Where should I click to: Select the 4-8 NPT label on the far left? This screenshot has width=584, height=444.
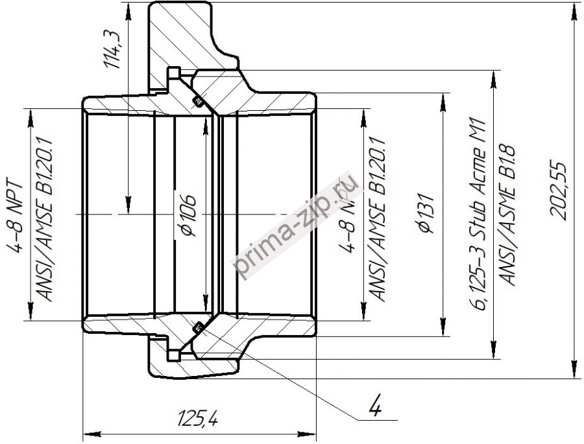pos(18,214)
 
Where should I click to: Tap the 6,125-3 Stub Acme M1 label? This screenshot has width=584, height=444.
pos(481,214)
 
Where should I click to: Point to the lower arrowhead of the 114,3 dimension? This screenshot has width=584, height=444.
pos(128,205)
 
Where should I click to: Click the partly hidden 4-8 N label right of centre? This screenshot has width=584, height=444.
pos(350,214)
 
